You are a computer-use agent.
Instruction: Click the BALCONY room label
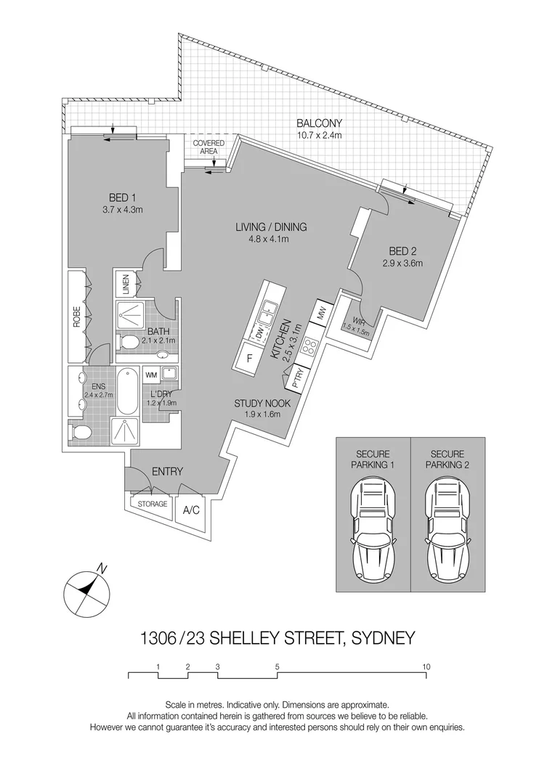[x=319, y=123]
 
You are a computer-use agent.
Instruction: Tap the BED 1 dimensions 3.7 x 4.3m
[x=122, y=210]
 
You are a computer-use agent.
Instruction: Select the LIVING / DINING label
[x=271, y=226]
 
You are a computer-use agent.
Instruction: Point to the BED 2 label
[x=402, y=250]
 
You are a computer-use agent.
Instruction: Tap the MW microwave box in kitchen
[x=320, y=314]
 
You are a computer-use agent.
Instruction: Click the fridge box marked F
[x=249, y=358]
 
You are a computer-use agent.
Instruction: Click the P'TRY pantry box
[x=297, y=378]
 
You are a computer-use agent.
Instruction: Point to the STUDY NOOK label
[x=262, y=403]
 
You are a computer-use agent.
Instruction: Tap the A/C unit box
[x=191, y=510]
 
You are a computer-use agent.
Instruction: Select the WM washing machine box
[x=152, y=375]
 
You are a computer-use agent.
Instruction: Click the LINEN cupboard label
[x=125, y=283]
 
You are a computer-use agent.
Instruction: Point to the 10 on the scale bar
[x=426, y=666]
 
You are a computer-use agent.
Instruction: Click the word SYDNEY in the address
[x=383, y=639]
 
